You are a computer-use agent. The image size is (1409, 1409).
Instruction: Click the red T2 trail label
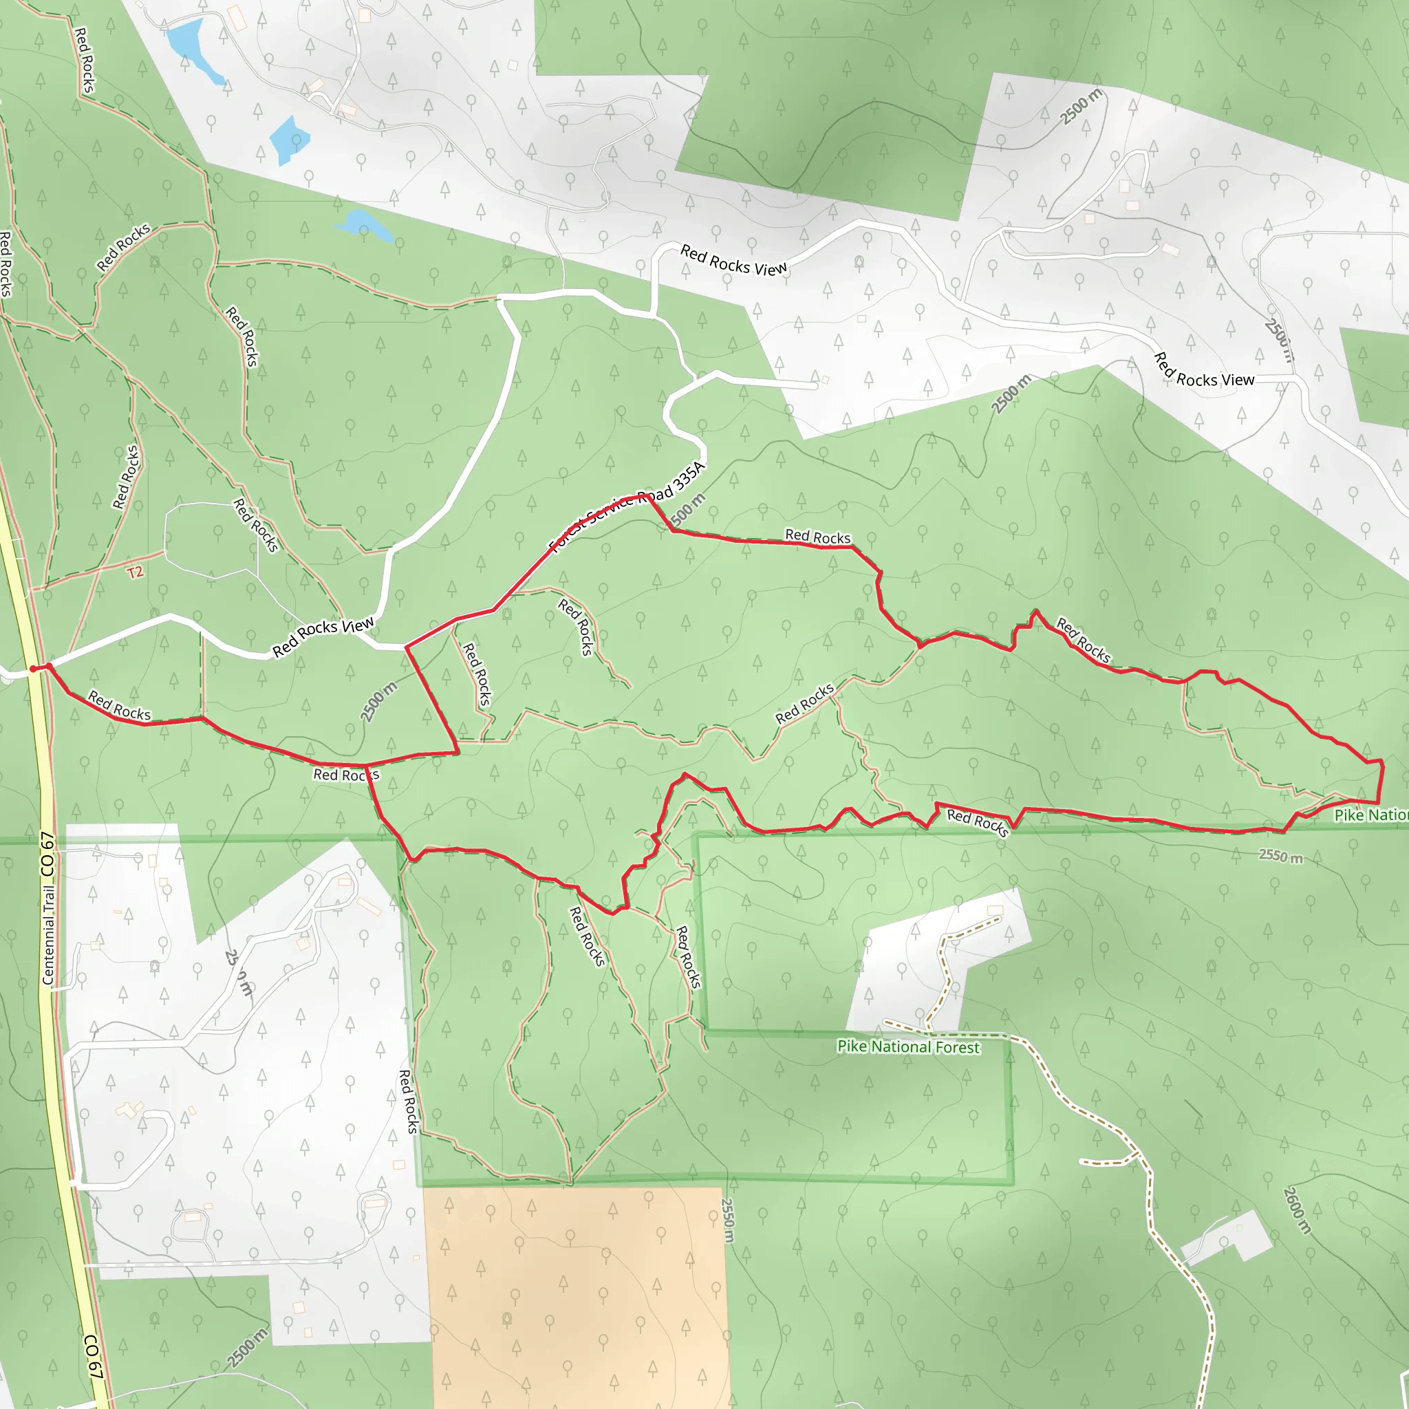(x=136, y=572)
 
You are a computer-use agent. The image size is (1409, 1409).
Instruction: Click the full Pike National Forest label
(x=908, y=1046)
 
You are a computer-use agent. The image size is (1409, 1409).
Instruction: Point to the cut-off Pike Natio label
(x=1370, y=815)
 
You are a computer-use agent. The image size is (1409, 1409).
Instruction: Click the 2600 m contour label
(x=1297, y=1211)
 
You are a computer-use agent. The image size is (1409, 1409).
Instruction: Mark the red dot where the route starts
(x=33, y=669)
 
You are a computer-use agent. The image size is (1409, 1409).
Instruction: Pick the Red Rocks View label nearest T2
(x=323, y=636)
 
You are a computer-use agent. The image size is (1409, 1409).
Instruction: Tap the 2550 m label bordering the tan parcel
(x=727, y=1219)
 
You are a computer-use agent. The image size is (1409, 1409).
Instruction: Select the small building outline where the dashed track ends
(x=996, y=910)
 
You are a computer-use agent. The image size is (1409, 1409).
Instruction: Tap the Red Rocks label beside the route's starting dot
(x=119, y=706)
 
